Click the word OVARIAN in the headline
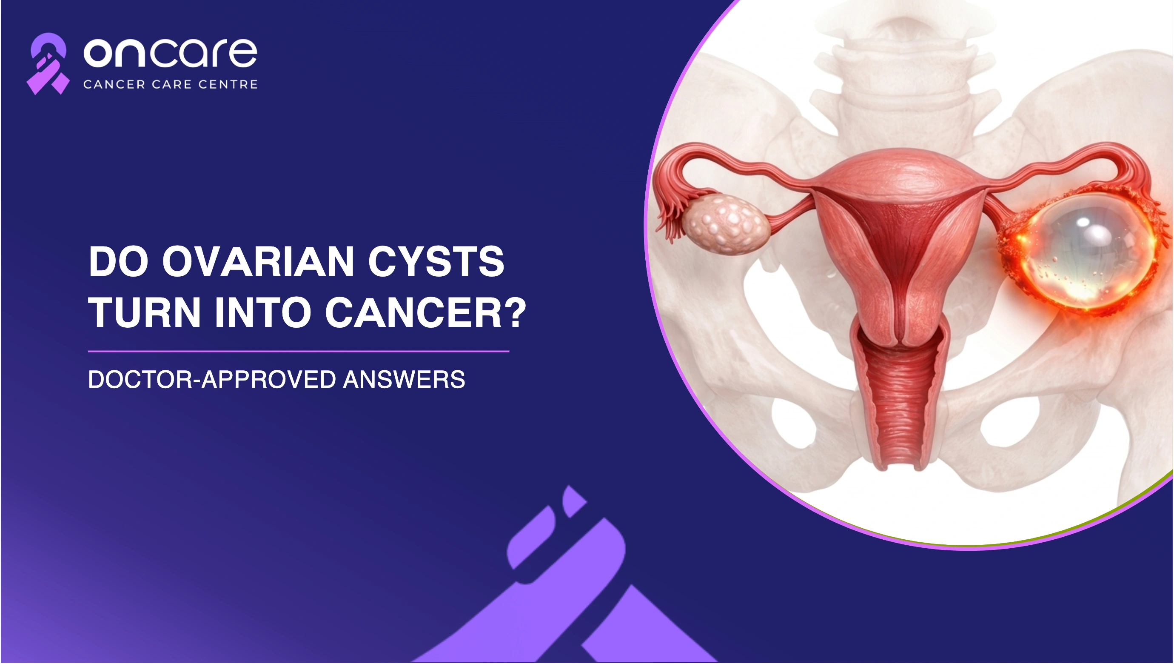click(x=259, y=261)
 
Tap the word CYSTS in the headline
click(x=436, y=261)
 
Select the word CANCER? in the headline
click(x=426, y=312)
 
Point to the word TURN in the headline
click(x=145, y=312)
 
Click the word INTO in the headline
click(x=263, y=312)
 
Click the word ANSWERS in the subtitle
click(x=404, y=379)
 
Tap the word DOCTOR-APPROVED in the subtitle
click(x=212, y=379)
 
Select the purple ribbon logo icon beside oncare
click(x=48, y=64)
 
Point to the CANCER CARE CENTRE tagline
click(x=171, y=84)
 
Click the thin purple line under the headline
click(x=299, y=352)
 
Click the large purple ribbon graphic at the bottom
click(x=565, y=579)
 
